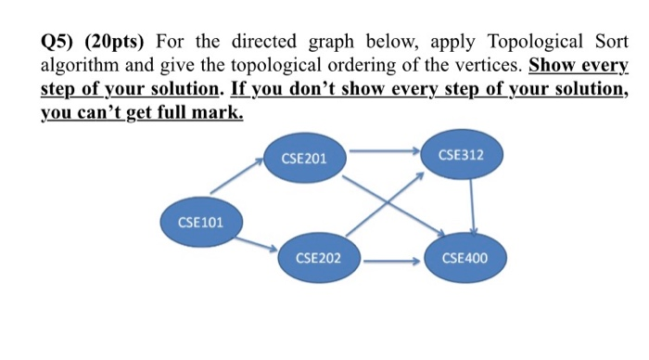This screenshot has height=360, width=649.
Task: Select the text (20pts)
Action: click(x=118, y=43)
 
